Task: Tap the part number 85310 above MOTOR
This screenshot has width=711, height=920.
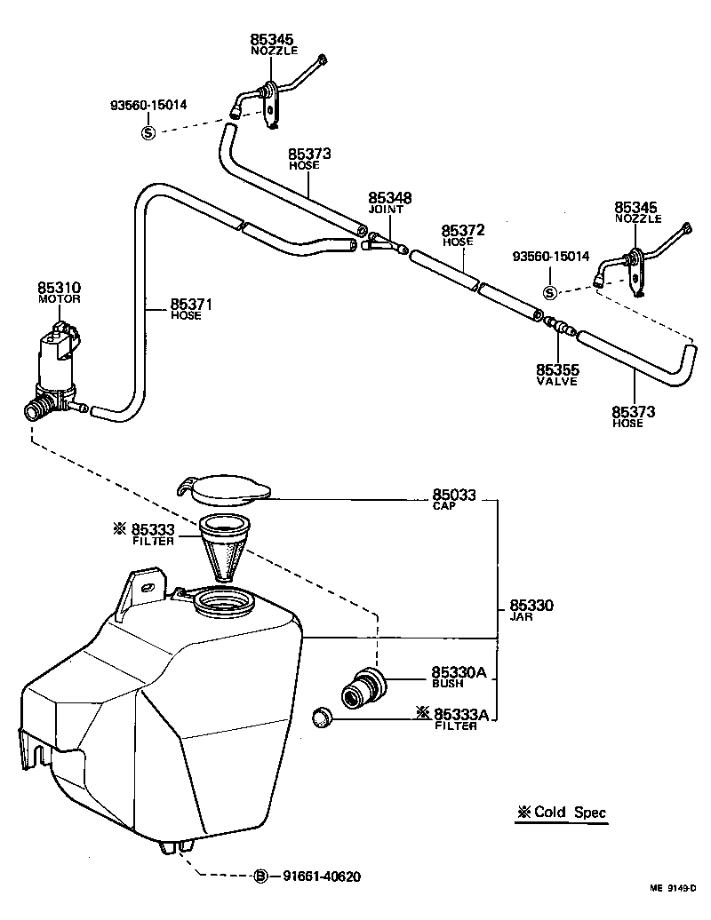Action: pos(59,288)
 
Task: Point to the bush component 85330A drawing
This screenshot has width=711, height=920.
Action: pos(363,687)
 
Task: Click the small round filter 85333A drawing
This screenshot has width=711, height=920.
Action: pos(323,716)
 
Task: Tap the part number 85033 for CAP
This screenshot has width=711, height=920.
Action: pos(454,495)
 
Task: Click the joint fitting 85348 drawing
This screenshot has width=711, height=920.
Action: pos(380,241)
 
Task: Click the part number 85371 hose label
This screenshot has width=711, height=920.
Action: pos(192,304)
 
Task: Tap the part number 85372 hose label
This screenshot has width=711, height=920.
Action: pos(463,230)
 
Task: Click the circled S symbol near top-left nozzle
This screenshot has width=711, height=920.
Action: pos(148,132)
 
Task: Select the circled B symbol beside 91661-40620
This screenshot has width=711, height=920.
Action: pos(261,876)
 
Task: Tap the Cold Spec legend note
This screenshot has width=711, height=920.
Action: pos(561,812)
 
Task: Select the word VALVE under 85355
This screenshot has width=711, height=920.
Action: pos(557,381)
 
